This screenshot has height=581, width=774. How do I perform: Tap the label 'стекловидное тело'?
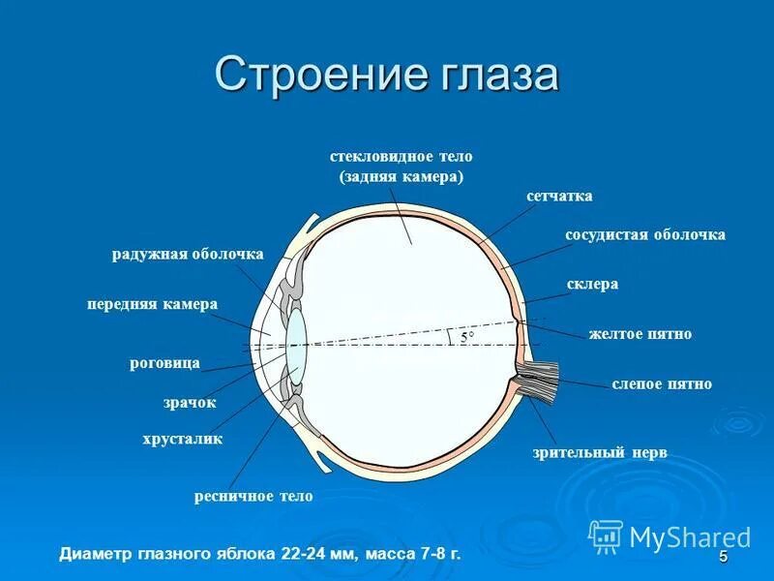tap(402, 156)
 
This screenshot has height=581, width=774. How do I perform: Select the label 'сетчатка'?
tap(559, 197)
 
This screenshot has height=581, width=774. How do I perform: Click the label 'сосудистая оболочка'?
tap(644, 235)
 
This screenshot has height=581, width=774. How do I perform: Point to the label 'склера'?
tap(592, 285)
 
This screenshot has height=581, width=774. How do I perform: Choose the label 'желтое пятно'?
tap(640, 334)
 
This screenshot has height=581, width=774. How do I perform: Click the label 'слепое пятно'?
tap(662, 384)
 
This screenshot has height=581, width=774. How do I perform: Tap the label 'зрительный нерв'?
tap(600, 452)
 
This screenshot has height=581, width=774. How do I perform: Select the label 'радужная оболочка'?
tap(188, 254)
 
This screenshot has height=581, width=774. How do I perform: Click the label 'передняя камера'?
tap(152, 304)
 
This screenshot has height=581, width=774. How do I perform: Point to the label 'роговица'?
tap(164, 363)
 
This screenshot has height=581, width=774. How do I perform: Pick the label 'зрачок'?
tap(190, 402)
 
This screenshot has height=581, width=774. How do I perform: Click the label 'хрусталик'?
tap(183, 439)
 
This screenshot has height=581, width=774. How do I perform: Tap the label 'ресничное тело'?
tap(253, 496)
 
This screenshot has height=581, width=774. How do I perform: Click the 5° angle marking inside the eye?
tap(467, 337)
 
